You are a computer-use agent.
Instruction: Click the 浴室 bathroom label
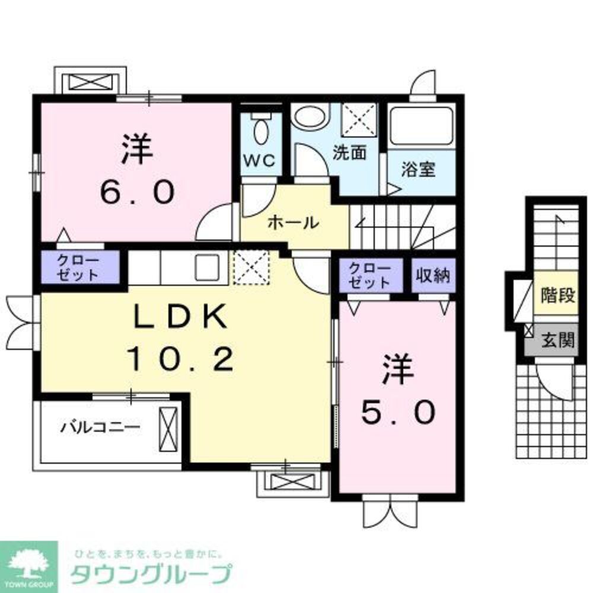pyautogui.click(x=419, y=170)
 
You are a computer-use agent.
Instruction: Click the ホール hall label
pyautogui.click(x=294, y=223)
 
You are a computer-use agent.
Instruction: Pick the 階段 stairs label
pyautogui.click(x=558, y=295)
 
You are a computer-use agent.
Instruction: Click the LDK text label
pyautogui.click(x=180, y=319)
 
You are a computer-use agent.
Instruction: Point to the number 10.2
pyautogui.click(x=179, y=359)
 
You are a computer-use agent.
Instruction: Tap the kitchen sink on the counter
pyautogui.click(x=207, y=268)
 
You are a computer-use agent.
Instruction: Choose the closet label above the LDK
pyautogui.click(x=79, y=267)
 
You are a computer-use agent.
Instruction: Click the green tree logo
pyautogui.click(x=28, y=561)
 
